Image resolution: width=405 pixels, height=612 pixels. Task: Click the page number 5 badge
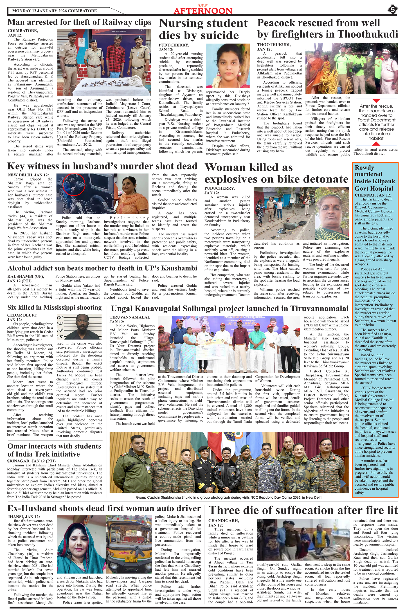coord(392,10)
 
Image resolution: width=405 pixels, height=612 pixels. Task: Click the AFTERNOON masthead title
coord(203,11)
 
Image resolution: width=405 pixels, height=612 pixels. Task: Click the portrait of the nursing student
coord(228,66)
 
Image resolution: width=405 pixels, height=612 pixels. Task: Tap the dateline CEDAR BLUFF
coord(22,315)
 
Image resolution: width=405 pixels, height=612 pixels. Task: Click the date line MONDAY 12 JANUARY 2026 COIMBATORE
coord(54,11)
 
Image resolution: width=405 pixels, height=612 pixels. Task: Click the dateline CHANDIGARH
coord(223,521)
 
